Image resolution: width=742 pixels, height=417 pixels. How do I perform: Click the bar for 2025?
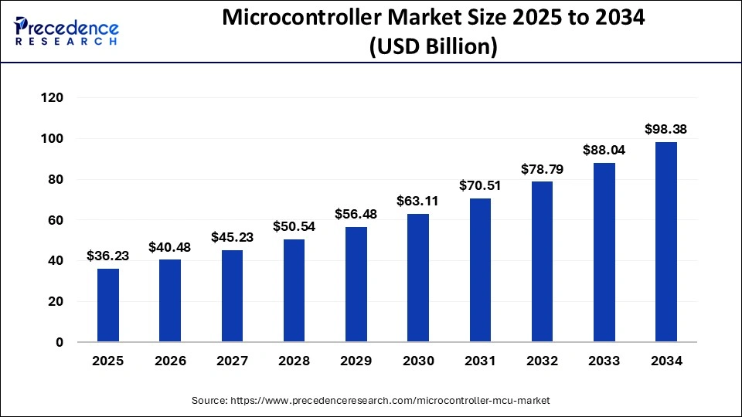(108, 305)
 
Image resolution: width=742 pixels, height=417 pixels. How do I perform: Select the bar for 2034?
(665, 242)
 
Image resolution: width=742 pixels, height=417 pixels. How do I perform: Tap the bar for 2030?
(418, 278)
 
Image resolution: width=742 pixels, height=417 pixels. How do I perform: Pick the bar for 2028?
(294, 290)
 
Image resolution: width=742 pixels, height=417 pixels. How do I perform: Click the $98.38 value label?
(665, 129)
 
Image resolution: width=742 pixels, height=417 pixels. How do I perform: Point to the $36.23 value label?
(108, 256)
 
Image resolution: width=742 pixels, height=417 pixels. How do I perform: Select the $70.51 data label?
(480, 185)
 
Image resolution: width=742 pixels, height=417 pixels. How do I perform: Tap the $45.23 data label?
(232, 237)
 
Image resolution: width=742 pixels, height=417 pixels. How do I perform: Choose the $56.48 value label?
(356, 214)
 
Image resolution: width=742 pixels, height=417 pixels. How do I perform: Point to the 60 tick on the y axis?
(56, 220)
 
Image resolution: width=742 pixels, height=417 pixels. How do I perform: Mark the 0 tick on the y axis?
(60, 342)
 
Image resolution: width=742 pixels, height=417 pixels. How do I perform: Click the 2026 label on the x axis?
(170, 361)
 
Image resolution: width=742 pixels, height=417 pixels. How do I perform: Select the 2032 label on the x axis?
(542, 361)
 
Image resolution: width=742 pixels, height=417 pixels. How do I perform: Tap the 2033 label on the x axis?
(604, 361)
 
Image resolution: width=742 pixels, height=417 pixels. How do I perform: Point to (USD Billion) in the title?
(433, 48)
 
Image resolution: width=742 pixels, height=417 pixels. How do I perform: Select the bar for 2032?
(542, 262)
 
